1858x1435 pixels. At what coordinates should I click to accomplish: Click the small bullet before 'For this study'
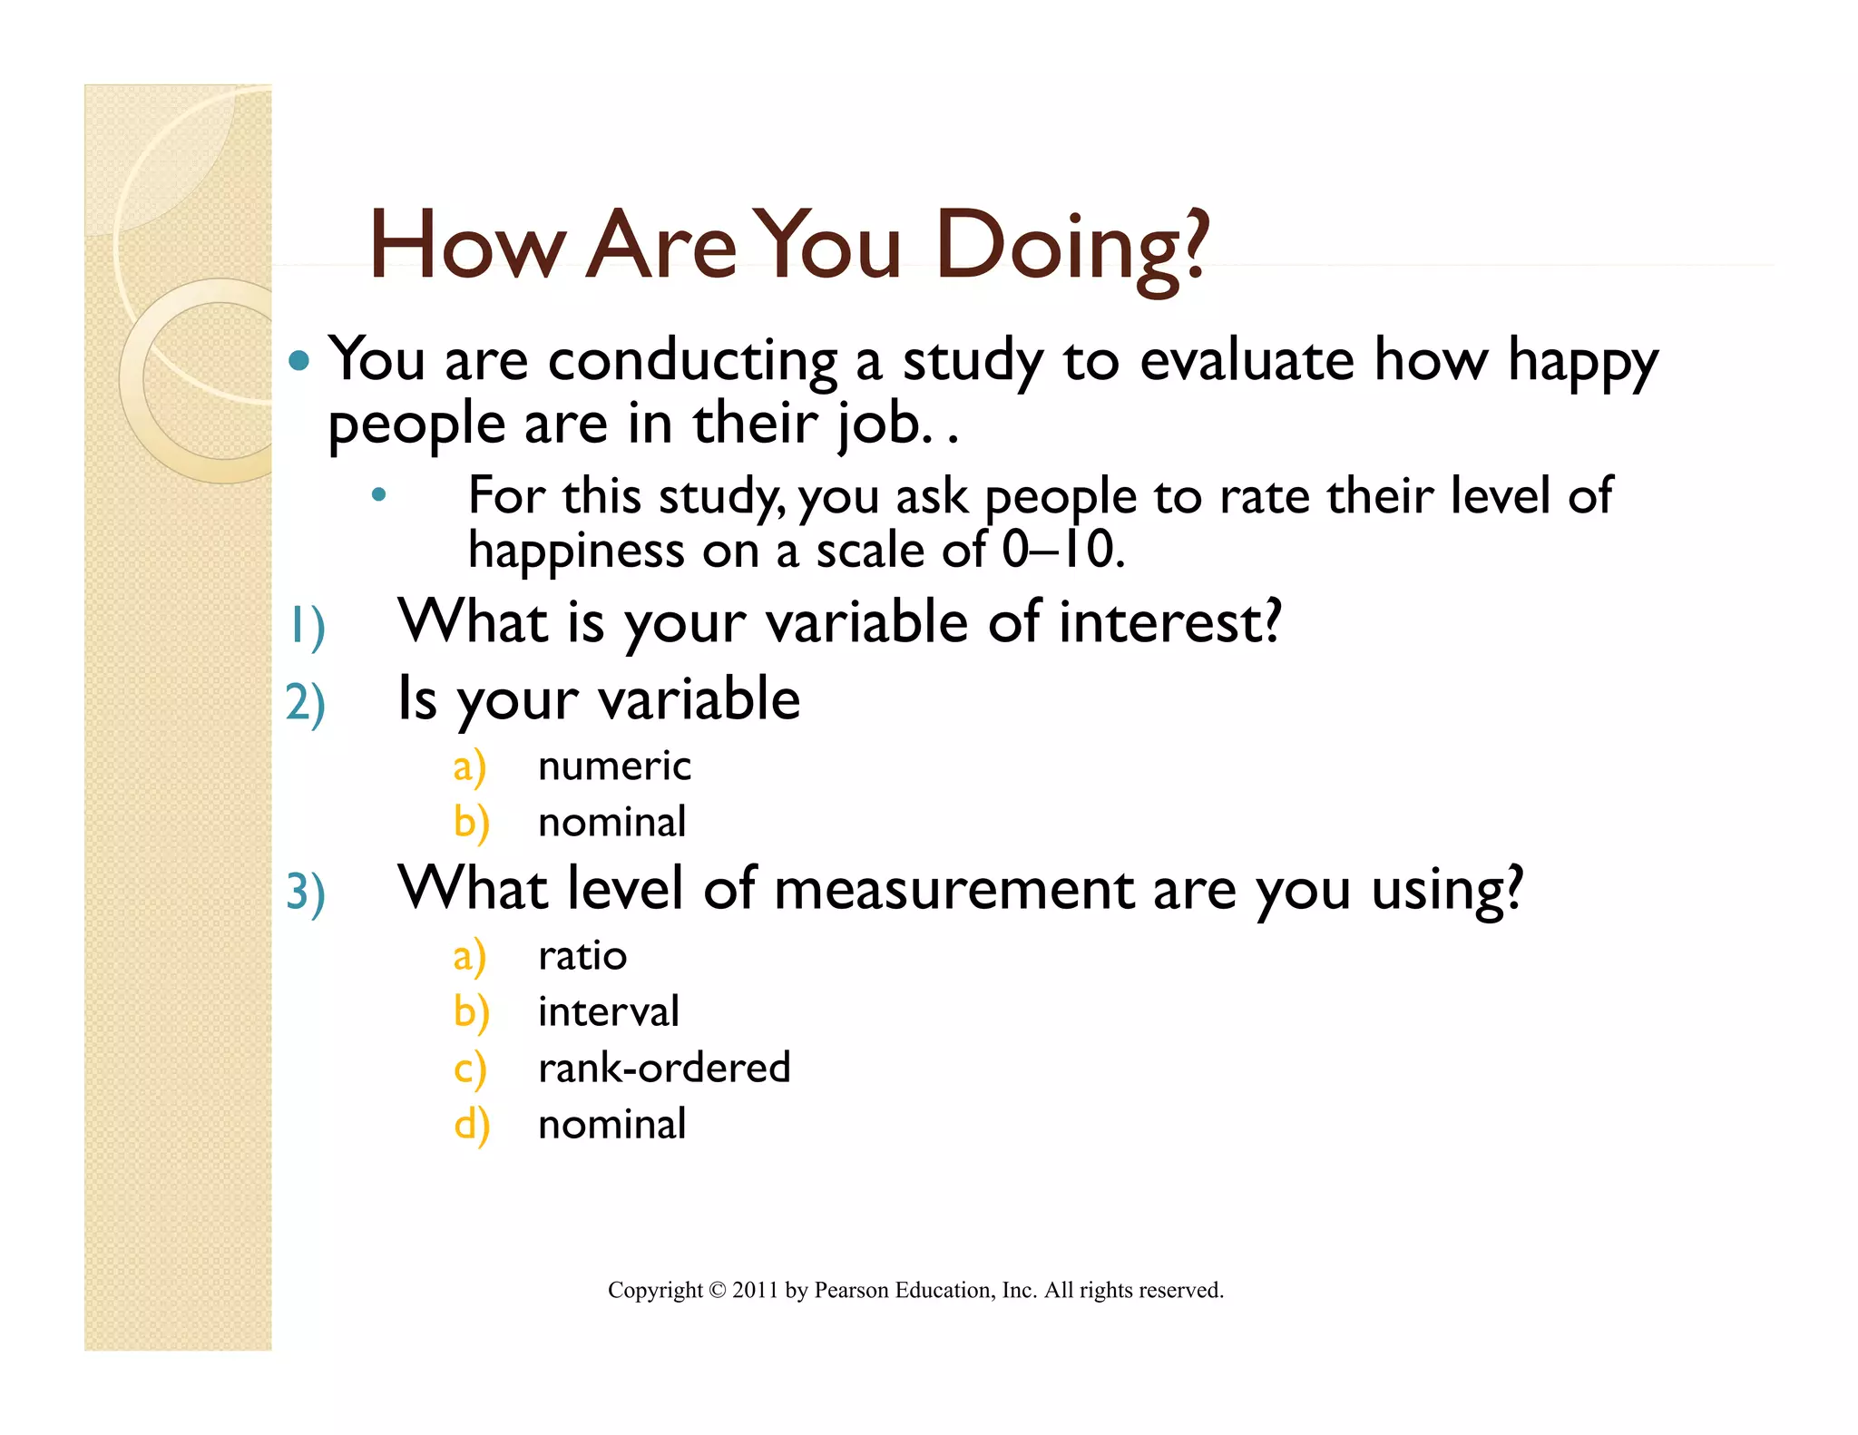pos(379,495)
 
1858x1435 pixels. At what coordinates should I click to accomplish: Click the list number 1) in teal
pos(306,626)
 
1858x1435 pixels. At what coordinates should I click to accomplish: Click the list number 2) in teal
pos(306,703)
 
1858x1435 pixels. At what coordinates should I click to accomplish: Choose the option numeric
pos(614,766)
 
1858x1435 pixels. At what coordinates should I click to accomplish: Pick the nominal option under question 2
pos(611,823)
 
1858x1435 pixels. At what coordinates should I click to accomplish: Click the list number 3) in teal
pos(306,892)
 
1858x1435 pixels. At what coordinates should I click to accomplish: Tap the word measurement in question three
pos(953,889)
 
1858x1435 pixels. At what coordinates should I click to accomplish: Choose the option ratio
pos(582,956)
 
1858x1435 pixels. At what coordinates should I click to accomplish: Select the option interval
pos(608,1012)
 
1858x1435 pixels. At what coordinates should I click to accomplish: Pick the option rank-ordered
pos(664,1069)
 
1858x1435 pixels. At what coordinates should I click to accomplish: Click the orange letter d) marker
pos(472,1126)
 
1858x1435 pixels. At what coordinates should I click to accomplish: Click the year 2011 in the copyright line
pos(755,1291)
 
